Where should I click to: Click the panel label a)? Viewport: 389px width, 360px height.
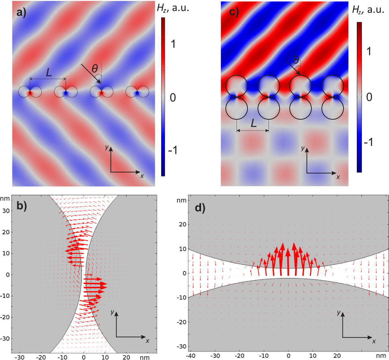(x=21, y=13)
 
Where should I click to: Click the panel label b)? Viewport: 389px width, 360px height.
(x=22, y=206)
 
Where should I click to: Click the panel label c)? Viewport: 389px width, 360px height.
(x=234, y=12)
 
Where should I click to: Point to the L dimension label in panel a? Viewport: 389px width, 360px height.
(x=49, y=73)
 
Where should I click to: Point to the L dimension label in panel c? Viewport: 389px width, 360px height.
(x=254, y=123)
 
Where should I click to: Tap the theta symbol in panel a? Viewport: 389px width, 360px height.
(x=95, y=68)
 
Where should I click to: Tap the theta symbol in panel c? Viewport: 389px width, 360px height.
(x=296, y=60)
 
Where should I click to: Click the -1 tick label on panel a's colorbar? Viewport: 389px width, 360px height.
(x=173, y=150)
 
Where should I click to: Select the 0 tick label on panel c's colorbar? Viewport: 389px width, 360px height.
(x=369, y=97)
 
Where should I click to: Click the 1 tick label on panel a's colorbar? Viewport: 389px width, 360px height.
(x=173, y=44)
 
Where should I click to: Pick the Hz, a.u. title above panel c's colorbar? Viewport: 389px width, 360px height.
(x=368, y=10)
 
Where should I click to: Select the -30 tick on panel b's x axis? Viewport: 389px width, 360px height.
(x=20, y=357)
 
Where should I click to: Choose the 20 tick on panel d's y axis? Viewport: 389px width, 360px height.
(x=183, y=224)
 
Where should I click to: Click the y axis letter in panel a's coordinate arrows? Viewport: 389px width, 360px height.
(x=107, y=147)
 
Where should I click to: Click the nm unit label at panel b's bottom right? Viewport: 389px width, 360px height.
(x=145, y=357)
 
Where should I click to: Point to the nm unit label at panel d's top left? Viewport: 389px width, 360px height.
(x=182, y=201)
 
